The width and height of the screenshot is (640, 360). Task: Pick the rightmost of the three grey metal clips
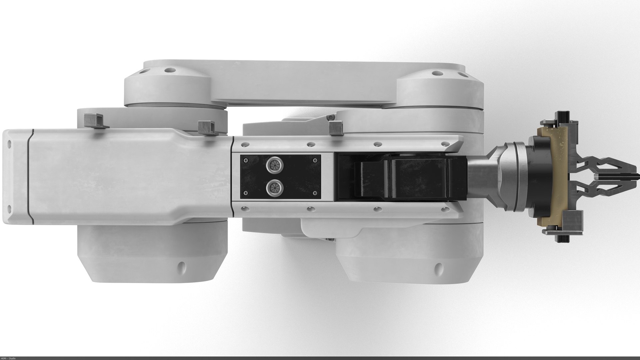click(x=336, y=128)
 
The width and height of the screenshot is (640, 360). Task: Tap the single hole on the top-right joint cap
click(x=435, y=73)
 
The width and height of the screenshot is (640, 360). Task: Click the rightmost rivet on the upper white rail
click(x=444, y=144)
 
